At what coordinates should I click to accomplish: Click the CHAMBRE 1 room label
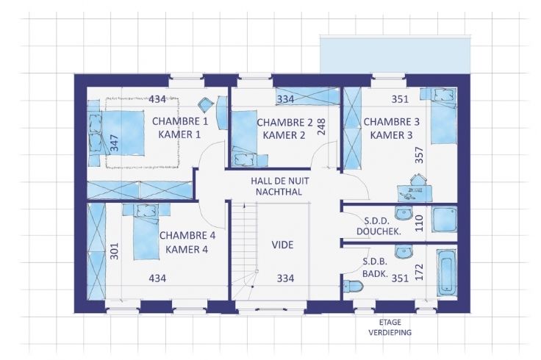click(x=180, y=121)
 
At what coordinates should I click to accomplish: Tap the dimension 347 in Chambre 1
click(x=114, y=143)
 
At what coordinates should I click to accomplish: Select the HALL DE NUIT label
click(x=280, y=181)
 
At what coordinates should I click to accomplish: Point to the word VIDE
click(x=282, y=245)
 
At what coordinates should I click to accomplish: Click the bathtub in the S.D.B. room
click(x=446, y=272)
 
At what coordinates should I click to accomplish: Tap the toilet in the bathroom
click(x=353, y=286)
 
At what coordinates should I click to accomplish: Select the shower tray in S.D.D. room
click(x=444, y=220)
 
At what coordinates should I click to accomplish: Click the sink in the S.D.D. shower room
click(x=404, y=213)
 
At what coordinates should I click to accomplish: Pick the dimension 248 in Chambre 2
click(x=321, y=127)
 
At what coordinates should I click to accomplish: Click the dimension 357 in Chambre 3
click(x=418, y=155)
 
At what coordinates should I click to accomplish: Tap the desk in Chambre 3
click(x=415, y=193)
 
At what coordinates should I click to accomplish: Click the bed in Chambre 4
click(x=146, y=231)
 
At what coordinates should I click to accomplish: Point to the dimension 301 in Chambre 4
click(x=114, y=251)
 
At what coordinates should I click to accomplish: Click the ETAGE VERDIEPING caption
click(x=390, y=327)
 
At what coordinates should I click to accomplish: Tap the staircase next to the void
click(x=244, y=251)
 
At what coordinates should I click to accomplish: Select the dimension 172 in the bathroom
click(x=418, y=272)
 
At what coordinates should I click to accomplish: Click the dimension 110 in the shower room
click(x=418, y=223)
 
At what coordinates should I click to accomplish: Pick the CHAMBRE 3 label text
click(x=392, y=122)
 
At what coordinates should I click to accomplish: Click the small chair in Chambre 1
click(x=206, y=104)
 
